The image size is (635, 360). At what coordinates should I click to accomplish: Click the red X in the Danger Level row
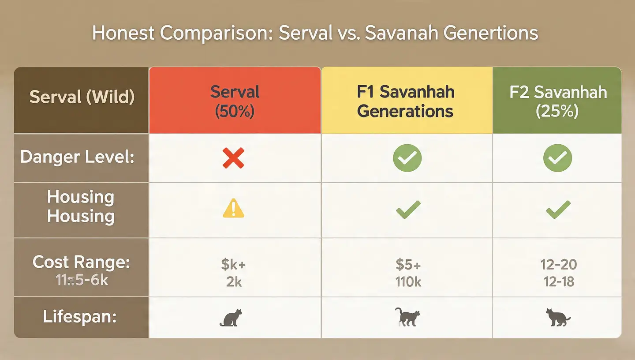233,158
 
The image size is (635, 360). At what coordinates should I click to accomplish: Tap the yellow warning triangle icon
233,209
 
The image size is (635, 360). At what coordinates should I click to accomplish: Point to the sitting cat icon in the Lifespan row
231,318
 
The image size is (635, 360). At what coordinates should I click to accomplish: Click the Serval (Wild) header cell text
82,97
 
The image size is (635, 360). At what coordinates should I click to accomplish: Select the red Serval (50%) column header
235,101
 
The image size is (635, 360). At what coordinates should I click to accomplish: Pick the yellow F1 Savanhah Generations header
405,101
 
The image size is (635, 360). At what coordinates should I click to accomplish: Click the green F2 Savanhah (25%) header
558,101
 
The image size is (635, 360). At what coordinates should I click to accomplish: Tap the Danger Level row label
77,157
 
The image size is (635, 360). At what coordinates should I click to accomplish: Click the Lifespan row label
79,317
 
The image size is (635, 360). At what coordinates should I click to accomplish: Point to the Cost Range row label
81,262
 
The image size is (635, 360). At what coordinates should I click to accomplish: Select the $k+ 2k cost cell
234,273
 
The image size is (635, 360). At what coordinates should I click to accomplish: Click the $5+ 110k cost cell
408,273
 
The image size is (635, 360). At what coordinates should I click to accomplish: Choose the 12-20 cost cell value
558,265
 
